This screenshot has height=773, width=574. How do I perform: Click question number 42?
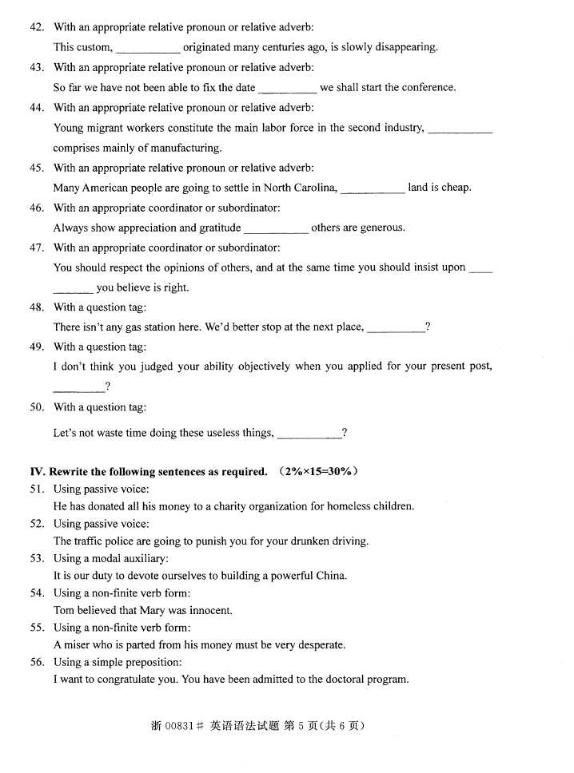(37, 27)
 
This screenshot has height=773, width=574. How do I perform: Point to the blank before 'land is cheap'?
(373, 189)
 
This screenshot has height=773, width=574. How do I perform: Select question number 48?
(37, 307)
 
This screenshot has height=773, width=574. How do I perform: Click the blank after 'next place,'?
(396, 328)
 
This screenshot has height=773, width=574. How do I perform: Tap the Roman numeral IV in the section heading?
(36, 471)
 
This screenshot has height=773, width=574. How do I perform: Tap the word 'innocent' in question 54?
(211, 610)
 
